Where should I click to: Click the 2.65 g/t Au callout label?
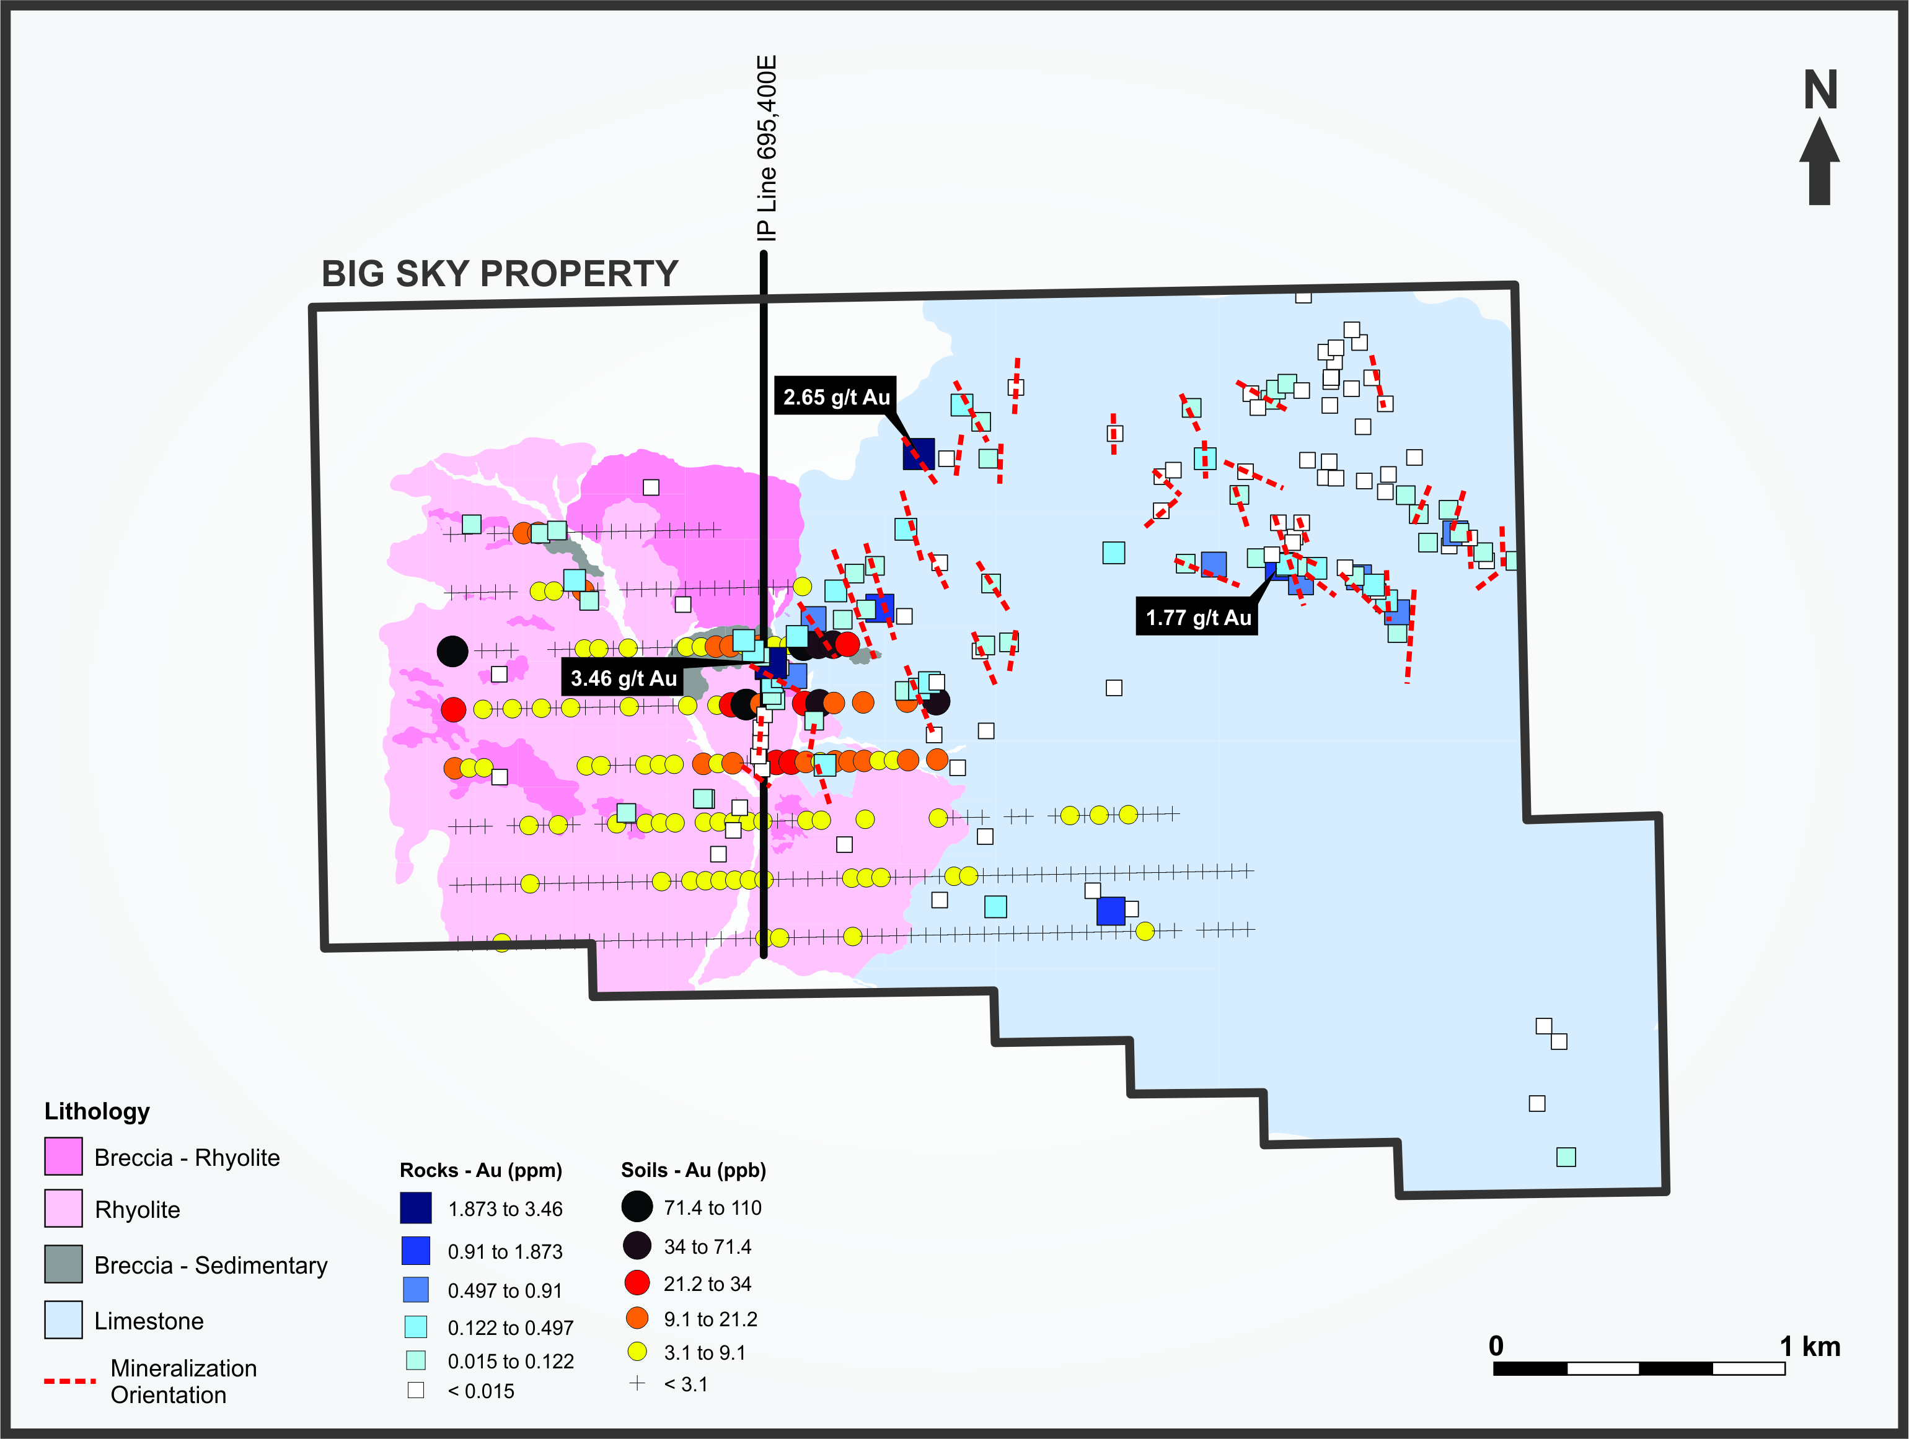coord(835,397)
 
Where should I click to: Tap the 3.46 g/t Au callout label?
coord(623,678)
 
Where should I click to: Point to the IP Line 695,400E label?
coord(766,149)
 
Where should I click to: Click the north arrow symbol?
coord(1819,164)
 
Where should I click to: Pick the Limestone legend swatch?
coord(64,1320)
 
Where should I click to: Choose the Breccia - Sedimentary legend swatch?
coord(64,1264)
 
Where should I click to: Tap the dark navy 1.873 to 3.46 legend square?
coord(416,1208)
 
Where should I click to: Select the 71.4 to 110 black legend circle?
coord(637,1207)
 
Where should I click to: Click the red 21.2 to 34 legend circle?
coord(637,1283)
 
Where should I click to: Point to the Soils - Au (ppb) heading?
coord(693,1170)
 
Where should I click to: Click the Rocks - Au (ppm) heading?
coord(481,1170)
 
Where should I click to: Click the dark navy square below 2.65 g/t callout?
coord(919,454)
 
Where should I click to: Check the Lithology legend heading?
coord(97,1111)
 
